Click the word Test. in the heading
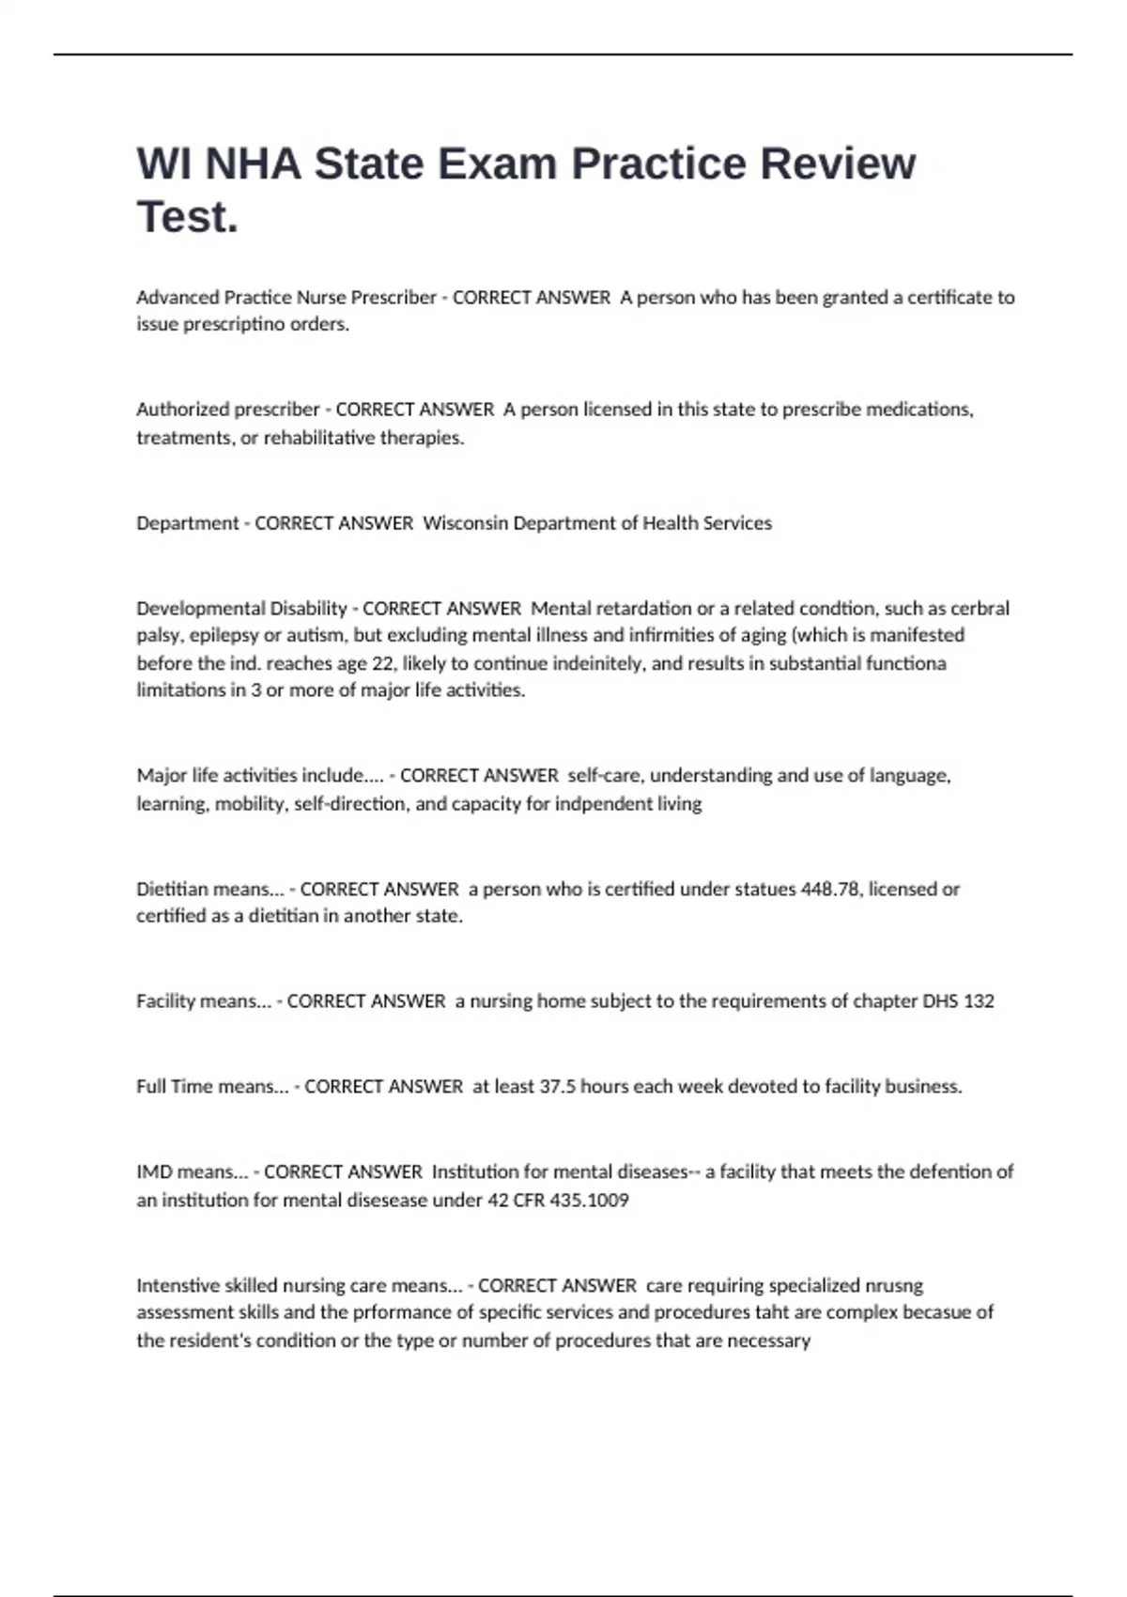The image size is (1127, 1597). tap(188, 217)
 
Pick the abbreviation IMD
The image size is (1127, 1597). tap(154, 1172)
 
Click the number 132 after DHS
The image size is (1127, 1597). tap(979, 1001)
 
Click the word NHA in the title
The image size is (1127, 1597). tap(254, 164)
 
